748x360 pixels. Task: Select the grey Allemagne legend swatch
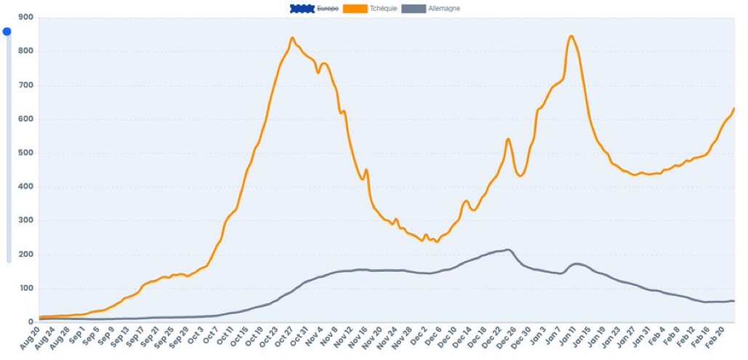click(x=413, y=9)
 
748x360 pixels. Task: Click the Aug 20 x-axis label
click(x=31, y=338)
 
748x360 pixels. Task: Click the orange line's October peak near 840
click(x=292, y=38)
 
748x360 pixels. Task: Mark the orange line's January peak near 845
click(x=571, y=36)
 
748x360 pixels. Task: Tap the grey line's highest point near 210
click(x=508, y=250)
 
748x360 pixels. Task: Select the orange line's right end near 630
click(x=734, y=108)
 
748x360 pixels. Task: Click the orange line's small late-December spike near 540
click(x=508, y=139)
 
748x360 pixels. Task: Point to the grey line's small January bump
click(x=576, y=263)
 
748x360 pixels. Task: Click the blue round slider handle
click(x=7, y=31)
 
